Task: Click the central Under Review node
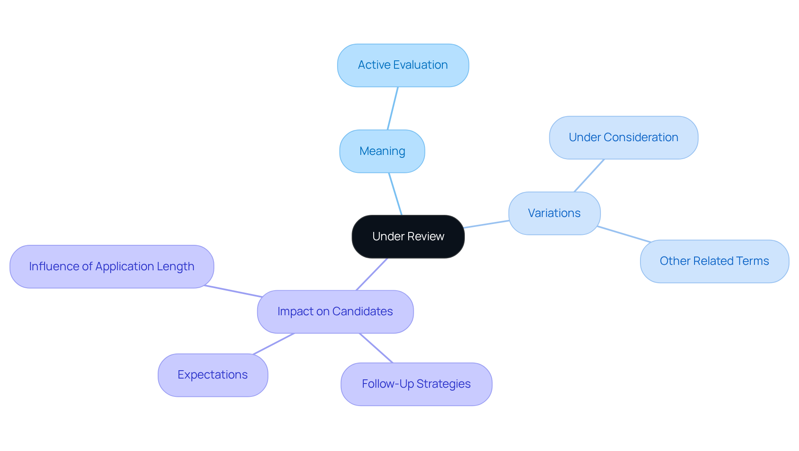pos(408,237)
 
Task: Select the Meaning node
pos(382,151)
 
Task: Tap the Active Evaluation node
pos(403,65)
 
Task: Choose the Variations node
pos(554,213)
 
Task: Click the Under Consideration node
pos(623,137)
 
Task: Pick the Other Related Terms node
pos(714,261)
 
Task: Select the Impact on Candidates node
pos(335,311)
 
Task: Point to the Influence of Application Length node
pos(112,267)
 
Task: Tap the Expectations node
pos(213,375)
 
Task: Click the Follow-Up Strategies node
pos(416,384)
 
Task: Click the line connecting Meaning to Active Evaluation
pos(393,108)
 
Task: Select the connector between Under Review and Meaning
pos(395,194)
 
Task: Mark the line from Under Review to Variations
pos(486,224)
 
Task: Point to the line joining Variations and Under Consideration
pos(589,175)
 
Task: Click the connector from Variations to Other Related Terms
pos(624,234)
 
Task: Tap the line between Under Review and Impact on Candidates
pos(372,274)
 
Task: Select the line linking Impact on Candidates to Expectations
pos(273,344)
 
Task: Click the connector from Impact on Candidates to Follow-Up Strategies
pos(376,348)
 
